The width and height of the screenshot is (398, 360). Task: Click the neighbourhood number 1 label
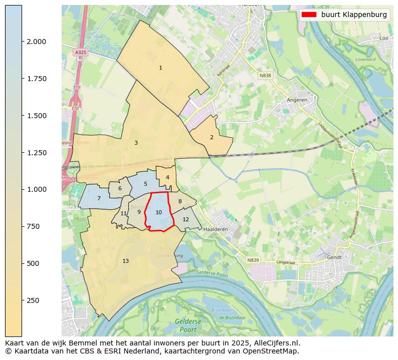[x=160, y=68]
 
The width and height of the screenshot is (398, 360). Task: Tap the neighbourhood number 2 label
[x=212, y=137]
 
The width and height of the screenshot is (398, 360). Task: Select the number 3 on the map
[x=136, y=143]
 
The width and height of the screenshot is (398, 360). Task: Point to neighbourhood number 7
[x=99, y=199]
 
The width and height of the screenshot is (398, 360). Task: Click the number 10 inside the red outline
[x=158, y=212]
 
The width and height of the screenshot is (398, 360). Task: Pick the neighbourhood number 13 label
[x=125, y=261]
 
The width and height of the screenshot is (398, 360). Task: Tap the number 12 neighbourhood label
[x=185, y=219]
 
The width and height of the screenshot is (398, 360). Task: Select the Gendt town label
[x=334, y=257]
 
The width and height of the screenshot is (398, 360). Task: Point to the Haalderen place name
[x=216, y=229]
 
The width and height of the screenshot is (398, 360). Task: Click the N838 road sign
[x=265, y=76]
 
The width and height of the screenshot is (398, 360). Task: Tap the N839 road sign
[x=253, y=260]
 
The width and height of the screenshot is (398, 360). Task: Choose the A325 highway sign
[x=80, y=52]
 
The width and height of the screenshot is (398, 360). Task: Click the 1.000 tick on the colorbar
[x=36, y=189]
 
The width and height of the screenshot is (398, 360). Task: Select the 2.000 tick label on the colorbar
[x=36, y=42]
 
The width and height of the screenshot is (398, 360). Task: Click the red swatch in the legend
[x=309, y=15]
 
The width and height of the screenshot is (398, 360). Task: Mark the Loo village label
[x=384, y=38]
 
